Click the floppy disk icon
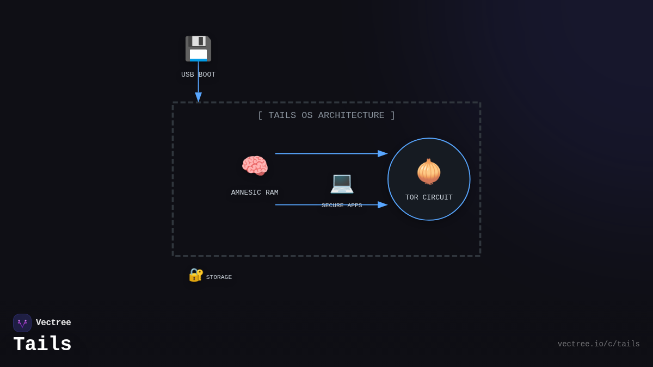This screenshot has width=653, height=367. [198, 48]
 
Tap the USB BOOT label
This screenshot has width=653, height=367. [198, 74]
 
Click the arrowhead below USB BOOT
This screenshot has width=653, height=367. [198, 97]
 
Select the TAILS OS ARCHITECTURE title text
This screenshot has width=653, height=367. [326, 115]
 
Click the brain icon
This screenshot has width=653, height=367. [255, 166]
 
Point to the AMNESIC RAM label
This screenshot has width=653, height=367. [255, 192]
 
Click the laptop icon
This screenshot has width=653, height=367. [342, 183]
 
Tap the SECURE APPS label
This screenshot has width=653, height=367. [342, 206]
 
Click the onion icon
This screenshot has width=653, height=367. [429, 171]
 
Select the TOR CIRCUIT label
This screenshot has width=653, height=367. [429, 197]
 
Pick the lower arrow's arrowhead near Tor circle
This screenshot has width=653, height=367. [383, 205]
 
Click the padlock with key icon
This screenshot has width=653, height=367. [195, 275]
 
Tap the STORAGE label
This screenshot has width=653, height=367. [219, 277]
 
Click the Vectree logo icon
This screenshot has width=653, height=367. [22, 323]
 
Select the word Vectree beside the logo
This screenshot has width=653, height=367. [53, 323]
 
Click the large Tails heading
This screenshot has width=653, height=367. [42, 345]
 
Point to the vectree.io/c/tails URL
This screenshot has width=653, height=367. [599, 344]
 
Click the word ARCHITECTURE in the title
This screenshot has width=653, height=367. [351, 115]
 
